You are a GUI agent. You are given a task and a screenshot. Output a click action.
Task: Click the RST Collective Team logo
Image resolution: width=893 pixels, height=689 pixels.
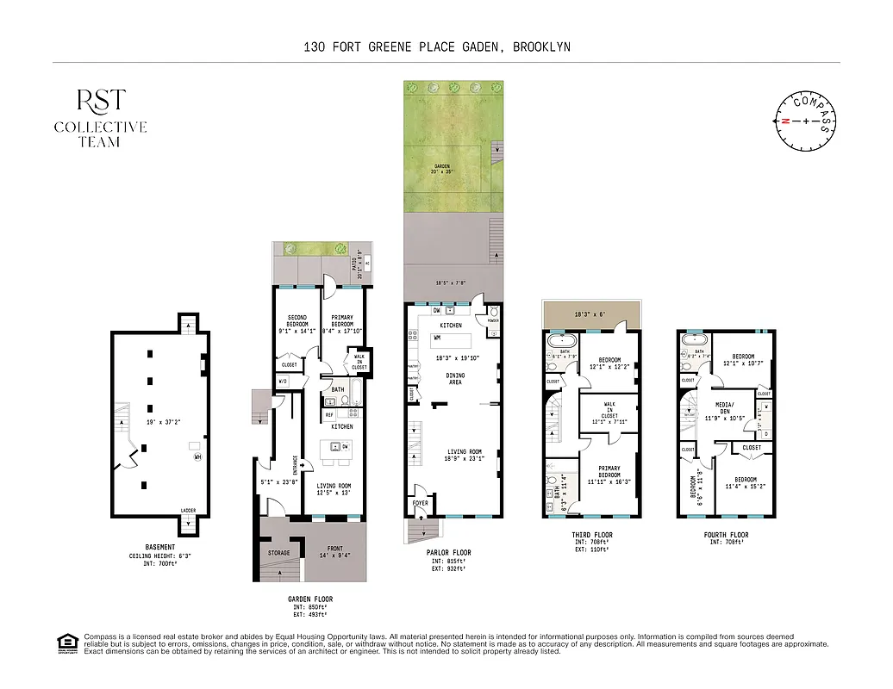pyautogui.click(x=100, y=117)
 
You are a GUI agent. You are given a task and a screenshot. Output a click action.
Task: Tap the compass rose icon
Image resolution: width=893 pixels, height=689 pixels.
pyautogui.click(x=806, y=121)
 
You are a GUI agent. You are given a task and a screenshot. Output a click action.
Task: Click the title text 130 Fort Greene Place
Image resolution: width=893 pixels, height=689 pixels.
pyautogui.click(x=436, y=47)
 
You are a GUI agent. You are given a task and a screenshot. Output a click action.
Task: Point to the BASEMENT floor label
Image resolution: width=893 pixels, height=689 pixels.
pyautogui.click(x=159, y=547)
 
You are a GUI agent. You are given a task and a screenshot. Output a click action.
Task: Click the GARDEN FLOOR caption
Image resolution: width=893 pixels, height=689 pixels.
pyautogui.click(x=310, y=599)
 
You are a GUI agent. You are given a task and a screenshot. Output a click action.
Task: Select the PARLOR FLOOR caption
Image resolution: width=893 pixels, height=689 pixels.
pyautogui.click(x=448, y=553)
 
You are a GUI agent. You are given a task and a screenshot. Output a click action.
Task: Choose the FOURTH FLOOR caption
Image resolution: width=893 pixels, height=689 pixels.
pyautogui.click(x=726, y=535)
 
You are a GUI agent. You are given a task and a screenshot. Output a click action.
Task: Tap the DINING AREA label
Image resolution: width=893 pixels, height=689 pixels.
pyautogui.click(x=454, y=378)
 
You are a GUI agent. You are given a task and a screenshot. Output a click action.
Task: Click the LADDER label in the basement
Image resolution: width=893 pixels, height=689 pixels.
pyautogui.click(x=188, y=511)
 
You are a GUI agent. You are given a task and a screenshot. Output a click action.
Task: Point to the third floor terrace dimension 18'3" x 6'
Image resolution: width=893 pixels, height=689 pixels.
pyautogui.click(x=590, y=315)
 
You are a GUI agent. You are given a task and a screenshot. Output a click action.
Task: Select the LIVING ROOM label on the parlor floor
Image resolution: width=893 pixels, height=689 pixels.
pyautogui.click(x=463, y=455)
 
